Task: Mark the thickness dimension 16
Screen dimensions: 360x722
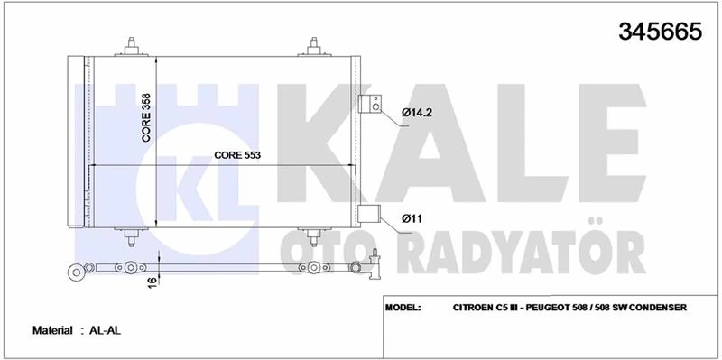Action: (155, 282)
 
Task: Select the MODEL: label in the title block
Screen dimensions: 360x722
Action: (403, 308)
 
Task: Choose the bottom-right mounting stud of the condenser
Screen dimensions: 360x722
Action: (314, 236)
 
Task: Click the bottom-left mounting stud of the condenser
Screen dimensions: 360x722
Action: (134, 236)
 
